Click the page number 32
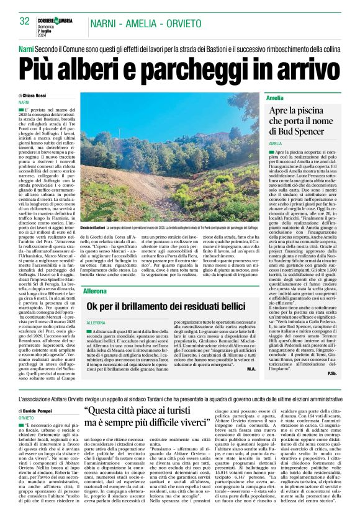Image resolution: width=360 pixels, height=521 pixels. [25, 21]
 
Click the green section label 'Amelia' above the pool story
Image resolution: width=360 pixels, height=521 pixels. [275, 98]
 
